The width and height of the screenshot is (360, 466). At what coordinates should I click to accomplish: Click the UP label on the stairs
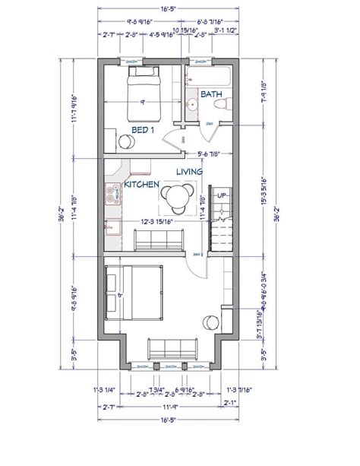[x=222, y=195]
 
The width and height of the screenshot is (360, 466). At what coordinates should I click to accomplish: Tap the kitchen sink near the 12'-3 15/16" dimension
[x=113, y=227]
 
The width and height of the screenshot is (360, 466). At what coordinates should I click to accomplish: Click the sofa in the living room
[x=157, y=242]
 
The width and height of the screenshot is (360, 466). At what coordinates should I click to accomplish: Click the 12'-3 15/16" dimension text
[x=162, y=222]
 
